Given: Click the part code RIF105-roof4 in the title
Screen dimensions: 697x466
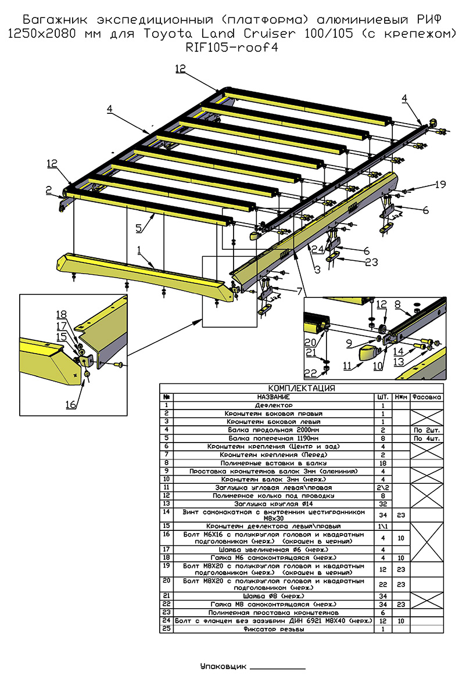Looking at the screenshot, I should click(231, 48).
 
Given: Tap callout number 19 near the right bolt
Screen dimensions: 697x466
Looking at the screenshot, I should click(440, 185).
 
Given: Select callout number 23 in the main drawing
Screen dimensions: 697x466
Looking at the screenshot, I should click(371, 262).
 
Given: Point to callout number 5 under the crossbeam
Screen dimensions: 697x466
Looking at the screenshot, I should click(139, 228).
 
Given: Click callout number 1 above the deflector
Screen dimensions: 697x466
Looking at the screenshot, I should click(139, 250).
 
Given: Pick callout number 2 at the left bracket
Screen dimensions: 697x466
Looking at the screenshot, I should click(49, 189).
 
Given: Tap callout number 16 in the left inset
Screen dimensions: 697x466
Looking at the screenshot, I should click(70, 405).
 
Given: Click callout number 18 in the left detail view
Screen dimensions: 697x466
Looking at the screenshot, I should click(62, 315).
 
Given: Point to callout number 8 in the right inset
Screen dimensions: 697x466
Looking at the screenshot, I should click(397, 303).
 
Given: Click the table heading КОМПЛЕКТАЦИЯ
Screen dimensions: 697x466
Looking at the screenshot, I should click(301, 388).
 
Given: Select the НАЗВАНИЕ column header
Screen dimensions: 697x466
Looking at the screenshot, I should click(274, 397).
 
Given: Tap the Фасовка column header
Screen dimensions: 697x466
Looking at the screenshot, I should click(426, 397).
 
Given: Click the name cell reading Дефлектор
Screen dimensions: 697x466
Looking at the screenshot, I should click(274, 405).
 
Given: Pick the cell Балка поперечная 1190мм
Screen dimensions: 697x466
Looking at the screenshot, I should click(274, 438).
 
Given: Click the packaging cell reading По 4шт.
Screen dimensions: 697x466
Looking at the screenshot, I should click(426, 438).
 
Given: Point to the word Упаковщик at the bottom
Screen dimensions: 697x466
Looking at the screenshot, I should click(223, 666).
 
